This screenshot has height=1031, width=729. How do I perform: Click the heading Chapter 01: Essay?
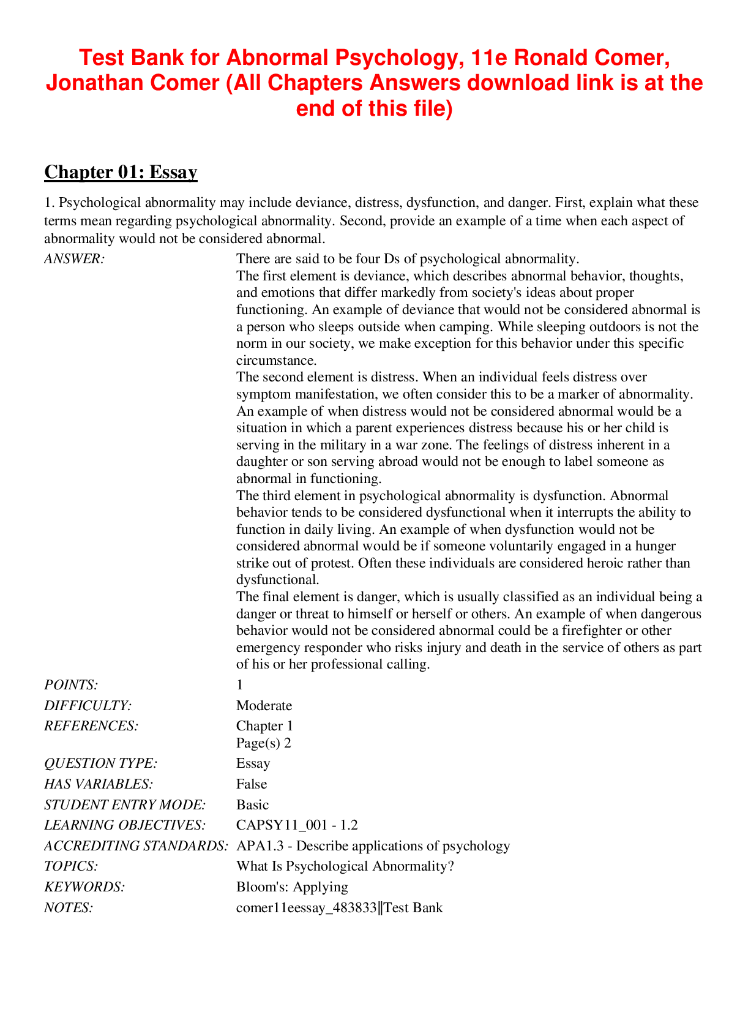coord(121,172)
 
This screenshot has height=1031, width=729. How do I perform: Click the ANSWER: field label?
coord(75,259)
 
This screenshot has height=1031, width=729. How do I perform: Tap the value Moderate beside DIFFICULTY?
coord(264,705)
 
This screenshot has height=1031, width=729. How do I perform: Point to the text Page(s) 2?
coord(263,743)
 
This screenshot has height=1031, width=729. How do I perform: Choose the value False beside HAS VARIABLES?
coord(252,784)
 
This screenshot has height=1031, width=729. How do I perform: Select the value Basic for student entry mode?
coord(252,804)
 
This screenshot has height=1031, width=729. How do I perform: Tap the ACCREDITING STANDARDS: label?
coord(136,845)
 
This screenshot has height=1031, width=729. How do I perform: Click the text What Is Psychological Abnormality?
coord(345,866)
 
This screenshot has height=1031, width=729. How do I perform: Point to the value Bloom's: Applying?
coord(292,887)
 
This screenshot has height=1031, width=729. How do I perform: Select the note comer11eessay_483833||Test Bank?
coord(339,907)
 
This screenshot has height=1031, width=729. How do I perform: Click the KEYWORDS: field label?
coord(84,887)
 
